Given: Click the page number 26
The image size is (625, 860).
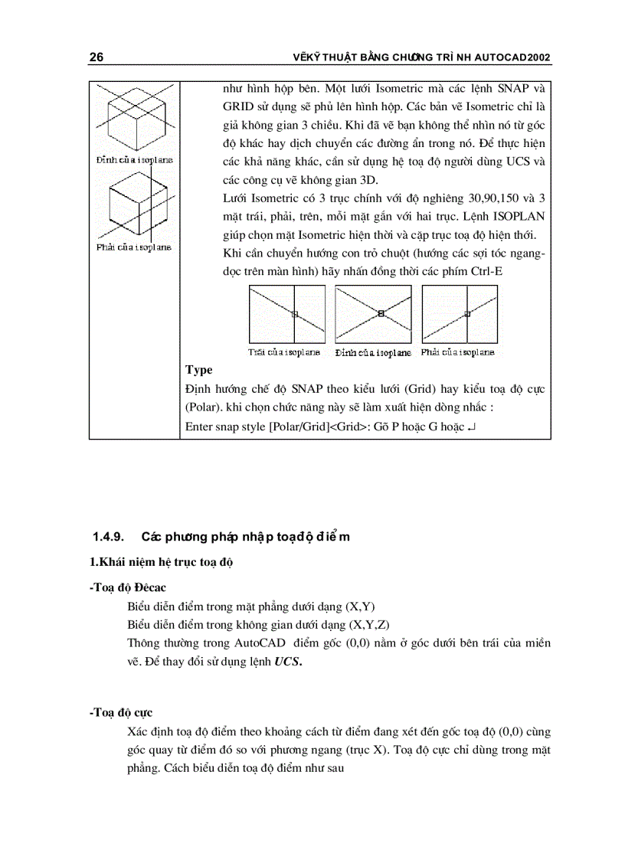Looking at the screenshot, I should tap(97, 58).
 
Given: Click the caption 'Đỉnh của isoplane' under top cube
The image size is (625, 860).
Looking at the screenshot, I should tap(133, 159).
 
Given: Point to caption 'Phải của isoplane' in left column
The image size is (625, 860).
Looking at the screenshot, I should tap(133, 247).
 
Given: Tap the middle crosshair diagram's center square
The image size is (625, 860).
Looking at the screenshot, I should tap(381, 313).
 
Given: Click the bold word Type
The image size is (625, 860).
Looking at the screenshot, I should tap(198, 370).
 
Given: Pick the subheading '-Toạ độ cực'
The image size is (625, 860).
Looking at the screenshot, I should tap(120, 712).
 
